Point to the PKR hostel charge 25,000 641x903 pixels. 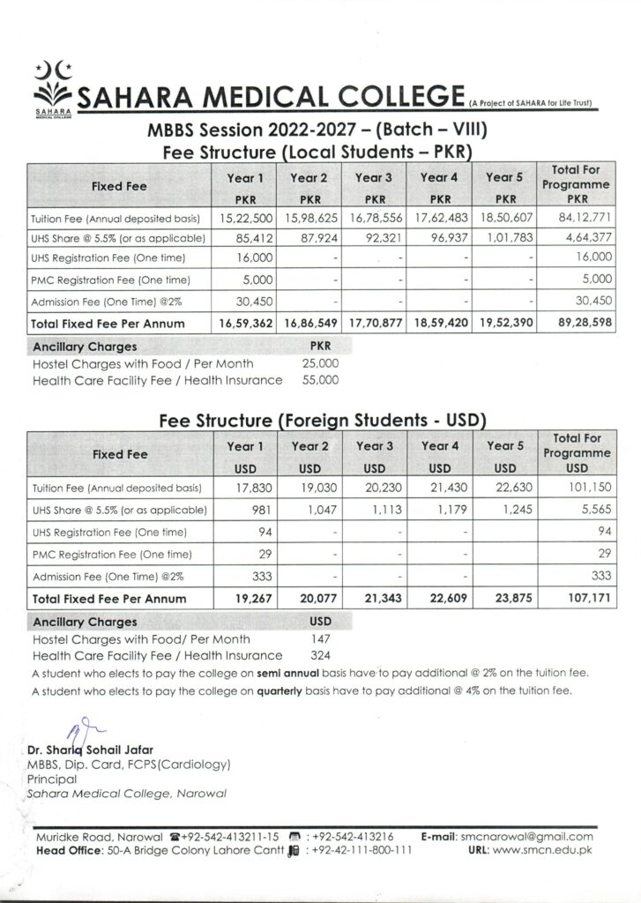pos(320,363)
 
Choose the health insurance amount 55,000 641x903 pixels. pos(320,380)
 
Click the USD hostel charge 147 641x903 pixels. pos(320,638)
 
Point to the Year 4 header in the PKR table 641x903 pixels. pos(439,177)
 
